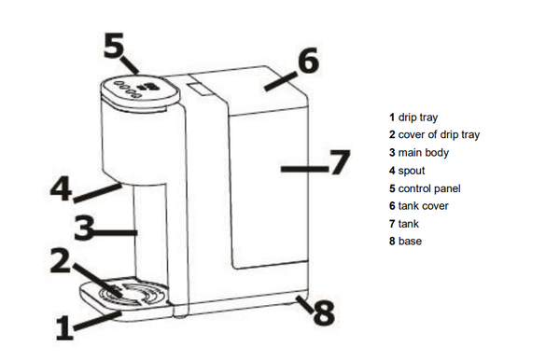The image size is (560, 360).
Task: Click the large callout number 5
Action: (114, 45)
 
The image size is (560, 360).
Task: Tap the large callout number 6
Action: (309, 61)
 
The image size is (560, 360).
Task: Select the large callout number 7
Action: (340, 162)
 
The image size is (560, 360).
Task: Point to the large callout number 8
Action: (324, 313)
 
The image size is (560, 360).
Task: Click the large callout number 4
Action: (61, 189)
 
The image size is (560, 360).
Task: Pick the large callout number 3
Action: (84, 228)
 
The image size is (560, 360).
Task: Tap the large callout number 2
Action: (60, 261)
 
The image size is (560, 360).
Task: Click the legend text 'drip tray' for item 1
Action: (418, 118)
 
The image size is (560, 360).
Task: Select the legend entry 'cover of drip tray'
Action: (439, 135)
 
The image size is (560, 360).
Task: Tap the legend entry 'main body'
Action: (423, 153)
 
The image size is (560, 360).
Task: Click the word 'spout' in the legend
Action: (412, 171)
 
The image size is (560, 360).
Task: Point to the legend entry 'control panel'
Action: (429, 188)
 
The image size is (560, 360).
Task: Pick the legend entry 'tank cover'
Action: (423, 206)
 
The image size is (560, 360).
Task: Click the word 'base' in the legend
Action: (410, 242)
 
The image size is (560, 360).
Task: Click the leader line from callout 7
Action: (304, 169)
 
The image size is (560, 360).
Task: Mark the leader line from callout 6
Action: (281, 81)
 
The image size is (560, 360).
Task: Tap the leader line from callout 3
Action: (115, 232)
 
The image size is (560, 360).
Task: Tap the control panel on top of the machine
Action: (140, 91)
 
